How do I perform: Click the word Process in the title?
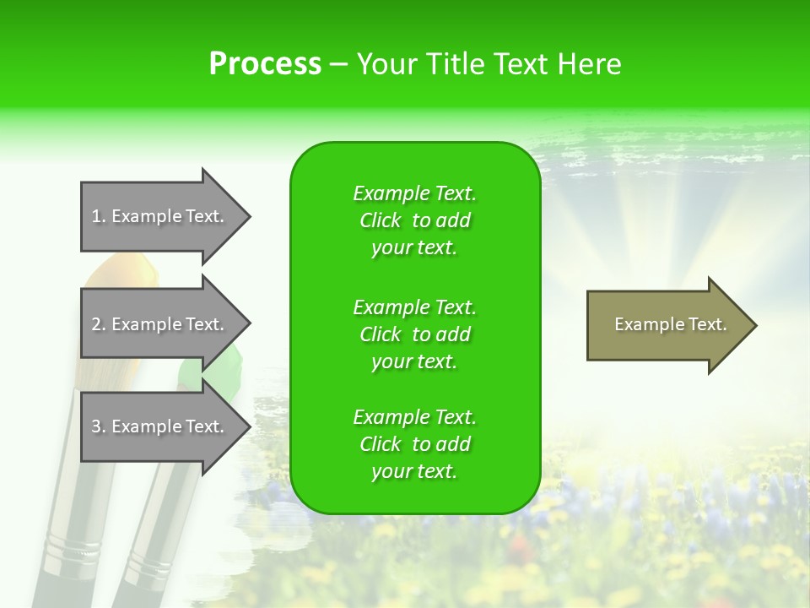click(x=265, y=64)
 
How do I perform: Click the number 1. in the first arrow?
click(x=99, y=216)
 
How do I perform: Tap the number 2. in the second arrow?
click(x=99, y=324)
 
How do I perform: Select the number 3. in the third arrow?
click(x=99, y=426)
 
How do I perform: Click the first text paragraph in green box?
click(x=414, y=220)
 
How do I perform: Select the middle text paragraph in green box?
click(x=414, y=334)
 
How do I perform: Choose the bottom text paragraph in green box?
click(x=414, y=444)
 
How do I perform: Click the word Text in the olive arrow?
click(x=708, y=324)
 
